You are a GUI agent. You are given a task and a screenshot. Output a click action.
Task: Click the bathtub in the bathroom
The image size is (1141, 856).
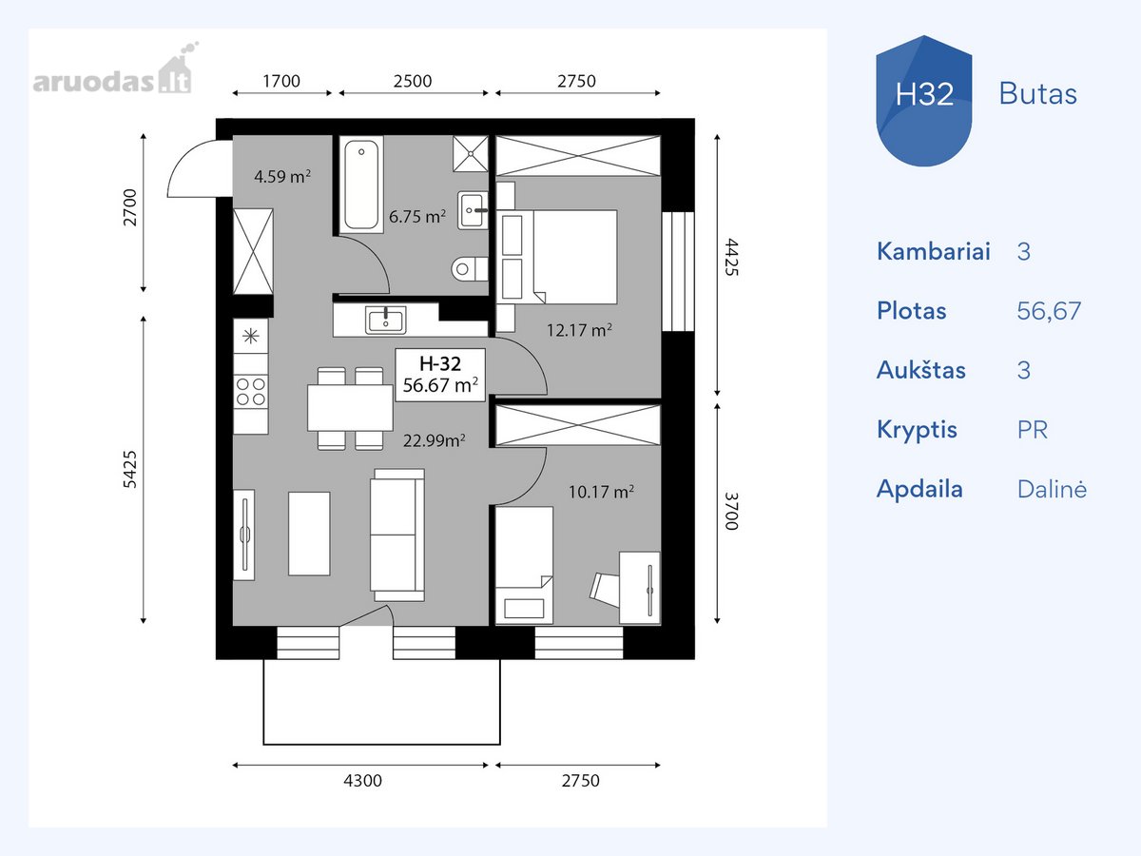361,185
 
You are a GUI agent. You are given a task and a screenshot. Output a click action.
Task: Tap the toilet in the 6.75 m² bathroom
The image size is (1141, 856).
470,269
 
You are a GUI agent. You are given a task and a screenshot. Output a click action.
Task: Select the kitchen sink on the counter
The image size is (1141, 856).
385,320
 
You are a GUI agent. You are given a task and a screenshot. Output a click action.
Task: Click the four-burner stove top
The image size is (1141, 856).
251,391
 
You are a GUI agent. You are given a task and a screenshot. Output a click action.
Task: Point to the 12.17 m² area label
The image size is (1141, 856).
579,329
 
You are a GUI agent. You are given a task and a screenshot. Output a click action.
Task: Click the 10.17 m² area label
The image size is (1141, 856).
601,491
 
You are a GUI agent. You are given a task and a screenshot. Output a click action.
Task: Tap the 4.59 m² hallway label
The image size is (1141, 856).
282,176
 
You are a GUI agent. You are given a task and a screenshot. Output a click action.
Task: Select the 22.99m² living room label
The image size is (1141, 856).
434,440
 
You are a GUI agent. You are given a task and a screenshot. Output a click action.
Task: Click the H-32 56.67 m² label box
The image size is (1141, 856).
440,375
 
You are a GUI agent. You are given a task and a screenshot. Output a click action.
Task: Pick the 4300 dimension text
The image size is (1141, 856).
362,780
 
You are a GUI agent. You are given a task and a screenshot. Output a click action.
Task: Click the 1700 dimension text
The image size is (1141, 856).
281,81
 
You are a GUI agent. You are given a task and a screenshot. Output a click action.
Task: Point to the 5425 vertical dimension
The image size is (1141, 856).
130,469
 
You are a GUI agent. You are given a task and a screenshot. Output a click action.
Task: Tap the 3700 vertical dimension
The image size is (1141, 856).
731,512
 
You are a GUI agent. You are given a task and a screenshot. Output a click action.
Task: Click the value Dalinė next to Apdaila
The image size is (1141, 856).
1052,489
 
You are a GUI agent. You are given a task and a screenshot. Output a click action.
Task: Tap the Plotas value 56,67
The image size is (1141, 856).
1049,311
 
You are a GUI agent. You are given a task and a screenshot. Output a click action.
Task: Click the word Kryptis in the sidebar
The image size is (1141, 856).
917,430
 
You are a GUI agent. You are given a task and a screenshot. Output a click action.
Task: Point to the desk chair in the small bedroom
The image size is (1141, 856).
605,590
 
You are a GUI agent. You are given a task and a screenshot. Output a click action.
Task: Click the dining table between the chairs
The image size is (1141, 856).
350,407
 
